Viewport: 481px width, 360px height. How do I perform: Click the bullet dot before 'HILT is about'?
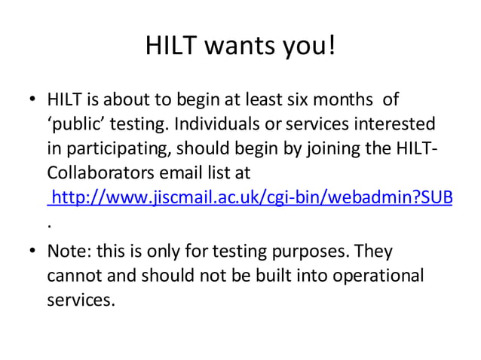tap(32, 99)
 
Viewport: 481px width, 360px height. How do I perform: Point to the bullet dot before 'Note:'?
tap(32, 251)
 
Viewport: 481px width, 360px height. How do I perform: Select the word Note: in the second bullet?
tap(68, 251)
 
